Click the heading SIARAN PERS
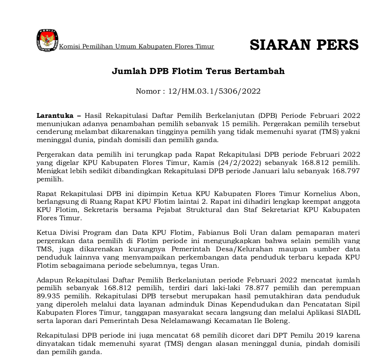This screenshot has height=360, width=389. [304, 45]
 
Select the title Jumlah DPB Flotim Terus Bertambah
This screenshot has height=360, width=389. [198, 71]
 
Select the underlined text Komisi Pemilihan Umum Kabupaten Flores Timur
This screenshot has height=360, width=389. [137, 47]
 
